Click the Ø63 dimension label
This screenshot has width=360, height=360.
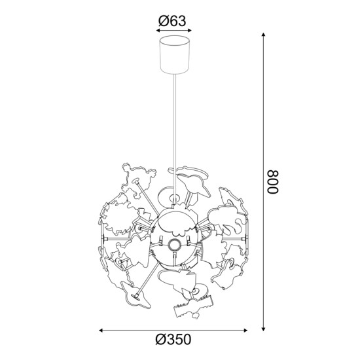coord(173,21)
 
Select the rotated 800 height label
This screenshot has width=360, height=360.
coord(272,183)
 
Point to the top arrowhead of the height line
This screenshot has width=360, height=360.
coord(264,35)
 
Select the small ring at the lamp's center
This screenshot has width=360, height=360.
coord(175,245)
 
